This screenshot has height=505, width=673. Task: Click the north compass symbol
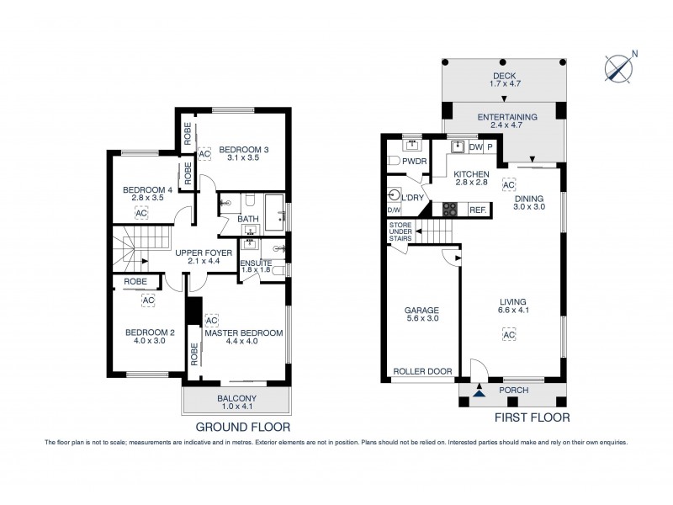(620, 67)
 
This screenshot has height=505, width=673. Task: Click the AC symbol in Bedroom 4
(140, 214)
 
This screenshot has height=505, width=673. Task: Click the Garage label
(421, 315)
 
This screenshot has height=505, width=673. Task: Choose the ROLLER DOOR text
(421, 371)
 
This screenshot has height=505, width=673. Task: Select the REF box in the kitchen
(477, 210)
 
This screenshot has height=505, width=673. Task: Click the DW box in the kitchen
(475, 147)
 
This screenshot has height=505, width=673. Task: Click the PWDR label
(413, 160)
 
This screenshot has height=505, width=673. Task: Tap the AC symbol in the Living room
(508, 335)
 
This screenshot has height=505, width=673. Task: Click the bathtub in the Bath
(273, 208)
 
